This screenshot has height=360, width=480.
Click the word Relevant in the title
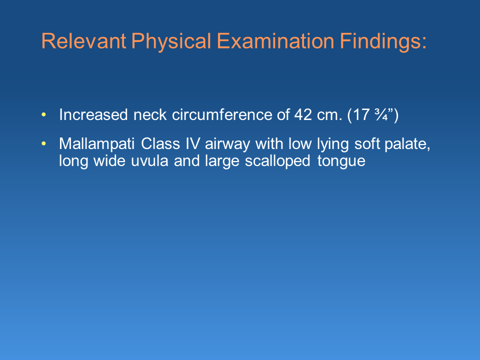click(x=83, y=41)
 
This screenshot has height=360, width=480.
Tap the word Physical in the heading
click(x=171, y=41)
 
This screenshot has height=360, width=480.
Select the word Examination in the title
click(x=275, y=41)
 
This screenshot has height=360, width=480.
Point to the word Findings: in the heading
click(x=383, y=41)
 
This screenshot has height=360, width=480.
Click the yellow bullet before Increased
click(x=43, y=115)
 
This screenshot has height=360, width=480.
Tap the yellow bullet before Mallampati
click(x=43, y=143)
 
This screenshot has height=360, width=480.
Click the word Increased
click(x=93, y=115)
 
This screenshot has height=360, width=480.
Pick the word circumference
click(x=221, y=115)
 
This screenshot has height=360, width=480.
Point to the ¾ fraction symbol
click(x=381, y=115)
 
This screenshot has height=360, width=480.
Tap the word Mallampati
click(x=96, y=144)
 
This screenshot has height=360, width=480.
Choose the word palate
click(x=407, y=144)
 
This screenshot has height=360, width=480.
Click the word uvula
click(x=149, y=161)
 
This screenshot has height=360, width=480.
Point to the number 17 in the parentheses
click(x=361, y=115)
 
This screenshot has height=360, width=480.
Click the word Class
click(x=160, y=143)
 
